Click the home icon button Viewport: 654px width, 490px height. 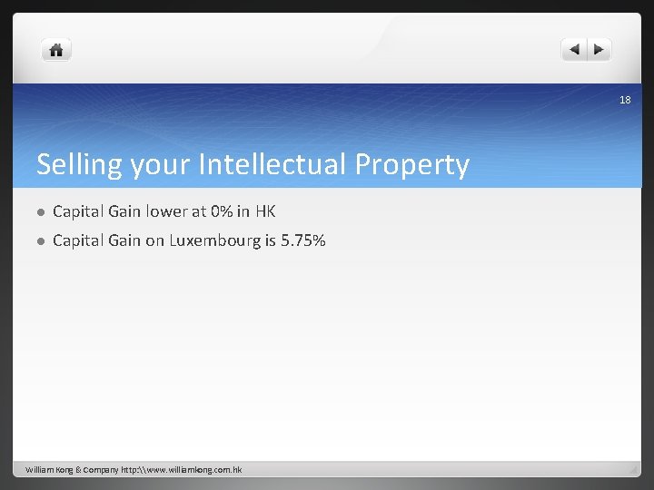(x=56, y=50)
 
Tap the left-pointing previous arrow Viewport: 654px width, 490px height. (x=574, y=50)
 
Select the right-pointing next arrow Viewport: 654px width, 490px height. (x=600, y=50)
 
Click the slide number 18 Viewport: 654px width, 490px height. (x=625, y=100)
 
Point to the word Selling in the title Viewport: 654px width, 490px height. (x=79, y=165)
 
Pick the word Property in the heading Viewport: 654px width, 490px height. (x=412, y=165)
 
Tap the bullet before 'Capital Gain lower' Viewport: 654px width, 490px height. (x=40, y=212)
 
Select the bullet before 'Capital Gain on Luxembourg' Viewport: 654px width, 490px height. (x=40, y=241)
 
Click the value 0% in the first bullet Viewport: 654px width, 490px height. (x=221, y=211)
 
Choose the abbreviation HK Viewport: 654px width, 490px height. (x=265, y=211)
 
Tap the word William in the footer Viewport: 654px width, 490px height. (x=42, y=470)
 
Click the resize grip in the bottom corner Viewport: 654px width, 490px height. (x=633, y=470)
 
